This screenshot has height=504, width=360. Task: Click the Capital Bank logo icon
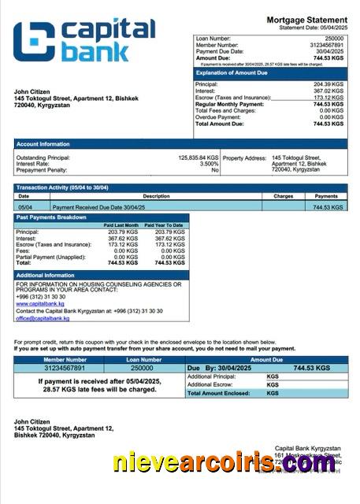pyautogui.click(x=34, y=42)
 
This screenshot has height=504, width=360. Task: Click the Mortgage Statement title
pyautogui.click(x=306, y=19)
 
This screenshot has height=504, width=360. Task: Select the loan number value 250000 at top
pyautogui.click(x=334, y=38)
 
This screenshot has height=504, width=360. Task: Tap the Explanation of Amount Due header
pyautogui.click(x=234, y=72)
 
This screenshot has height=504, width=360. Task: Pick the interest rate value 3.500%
pyautogui.click(x=207, y=164)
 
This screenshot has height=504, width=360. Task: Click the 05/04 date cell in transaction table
pyautogui.click(x=25, y=206)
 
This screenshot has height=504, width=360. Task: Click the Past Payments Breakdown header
pyautogui.click(x=51, y=217)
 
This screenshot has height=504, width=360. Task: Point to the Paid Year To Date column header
pyautogui.click(x=169, y=225)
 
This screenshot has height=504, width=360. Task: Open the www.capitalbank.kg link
pyautogui.click(x=35, y=303)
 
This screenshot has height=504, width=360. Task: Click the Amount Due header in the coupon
pyautogui.click(x=266, y=359)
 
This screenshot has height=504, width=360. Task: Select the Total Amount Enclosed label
pyautogui.click(x=218, y=392)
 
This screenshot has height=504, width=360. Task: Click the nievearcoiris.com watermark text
pyautogui.click(x=224, y=464)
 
